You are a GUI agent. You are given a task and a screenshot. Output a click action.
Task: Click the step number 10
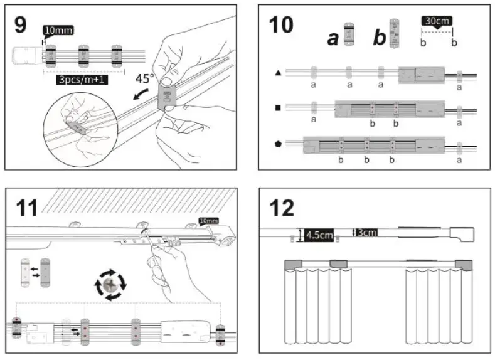point(280,24)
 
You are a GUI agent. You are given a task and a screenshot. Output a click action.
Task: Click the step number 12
point(282,206)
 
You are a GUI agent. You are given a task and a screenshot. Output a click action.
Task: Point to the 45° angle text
point(144,80)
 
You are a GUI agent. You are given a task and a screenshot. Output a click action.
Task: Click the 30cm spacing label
point(437,21)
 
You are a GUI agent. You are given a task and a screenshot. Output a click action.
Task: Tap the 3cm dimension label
point(368,233)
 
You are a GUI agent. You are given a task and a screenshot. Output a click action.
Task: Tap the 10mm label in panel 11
point(207,220)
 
